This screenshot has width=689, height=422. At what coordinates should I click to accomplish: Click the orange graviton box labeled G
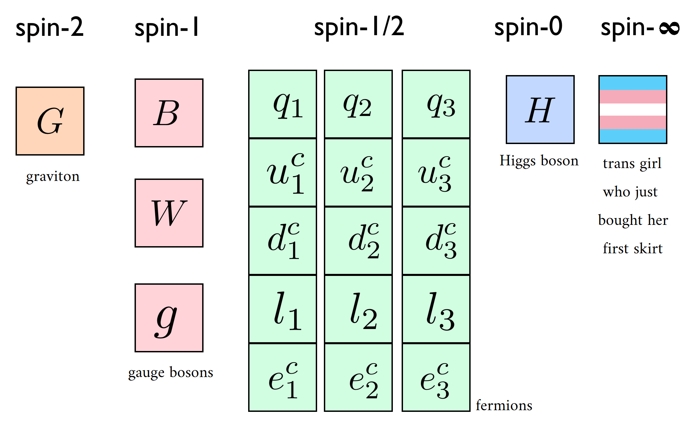tap(50, 121)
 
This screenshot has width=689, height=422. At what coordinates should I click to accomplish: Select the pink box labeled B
tap(169, 113)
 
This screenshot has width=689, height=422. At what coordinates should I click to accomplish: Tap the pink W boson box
tap(169, 213)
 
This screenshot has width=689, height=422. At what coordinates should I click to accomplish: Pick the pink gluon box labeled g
tap(169, 318)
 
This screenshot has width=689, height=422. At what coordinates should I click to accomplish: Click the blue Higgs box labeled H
tap(540, 110)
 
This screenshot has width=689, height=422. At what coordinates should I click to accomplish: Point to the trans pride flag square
tap(633, 110)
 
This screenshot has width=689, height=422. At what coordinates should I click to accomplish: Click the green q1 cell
tap(283, 104)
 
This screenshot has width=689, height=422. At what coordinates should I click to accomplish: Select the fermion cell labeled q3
tap(436, 104)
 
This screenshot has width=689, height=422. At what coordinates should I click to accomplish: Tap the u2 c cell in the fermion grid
tap(358, 173)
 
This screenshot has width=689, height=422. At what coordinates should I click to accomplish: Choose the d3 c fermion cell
tap(436, 241)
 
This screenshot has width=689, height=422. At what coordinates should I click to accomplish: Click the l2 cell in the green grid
tap(358, 309)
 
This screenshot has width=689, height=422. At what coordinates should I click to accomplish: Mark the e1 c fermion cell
tap(283, 378)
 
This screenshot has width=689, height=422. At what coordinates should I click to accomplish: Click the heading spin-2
tap(49, 28)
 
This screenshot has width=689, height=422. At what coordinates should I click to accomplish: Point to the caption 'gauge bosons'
tap(171, 373)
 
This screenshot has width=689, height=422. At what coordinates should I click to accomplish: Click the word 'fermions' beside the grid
tap(504, 405)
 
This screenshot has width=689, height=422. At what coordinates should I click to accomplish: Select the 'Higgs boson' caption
tap(539, 161)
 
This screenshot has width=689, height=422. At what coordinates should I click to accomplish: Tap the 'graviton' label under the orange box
tap(53, 177)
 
